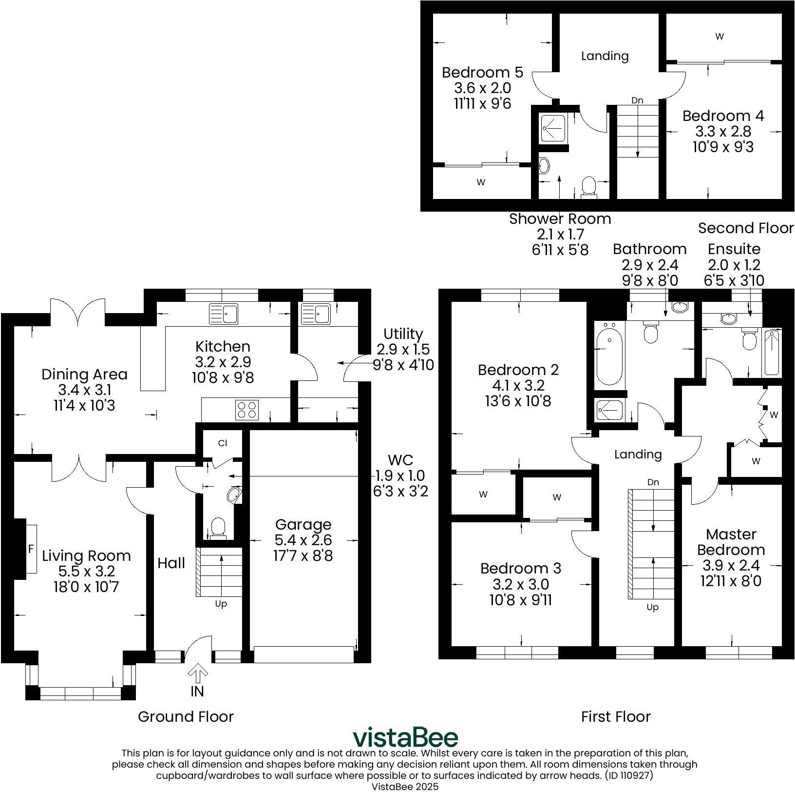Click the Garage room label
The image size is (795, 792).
pyautogui.click(x=303, y=524)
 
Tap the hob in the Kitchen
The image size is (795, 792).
pyautogui.click(x=247, y=409)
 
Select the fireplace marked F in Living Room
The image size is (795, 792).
pyautogui.click(x=31, y=549)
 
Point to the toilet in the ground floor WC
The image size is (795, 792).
pyautogui.click(x=218, y=528)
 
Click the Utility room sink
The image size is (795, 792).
pyautogui.click(x=316, y=314)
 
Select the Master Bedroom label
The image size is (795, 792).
pyautogui.click(x=731, y=542)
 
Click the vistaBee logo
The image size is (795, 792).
pyautogui.click(x=405, y=737)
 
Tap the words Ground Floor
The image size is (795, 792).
pyautogui.click(x=186, y=716)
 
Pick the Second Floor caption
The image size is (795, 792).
pyautogui.click(x=746, y=228)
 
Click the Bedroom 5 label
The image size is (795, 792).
pyautogui.click(x=482, y=72)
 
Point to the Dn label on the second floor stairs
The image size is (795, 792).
pyautogui.click(x=637, y=100)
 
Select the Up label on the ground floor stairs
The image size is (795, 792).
pyautogui.click(x=221, y=604)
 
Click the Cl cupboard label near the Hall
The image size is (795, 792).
pyautogui.click(x=223, y=443)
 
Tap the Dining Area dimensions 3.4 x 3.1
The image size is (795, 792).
pyautogui.click(x=84, y=390)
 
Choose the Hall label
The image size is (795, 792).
pyautogui.click(x=171, y=563)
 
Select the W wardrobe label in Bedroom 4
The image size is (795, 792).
pyautogui.click(x=719, y=36)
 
